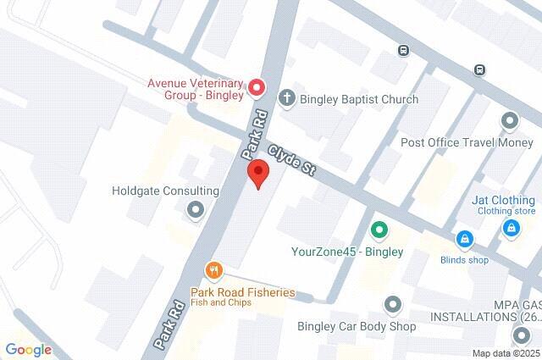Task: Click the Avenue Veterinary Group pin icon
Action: click(x=257, y=87)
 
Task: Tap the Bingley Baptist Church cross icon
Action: click(x=286, y=99)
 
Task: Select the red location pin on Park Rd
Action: click(x=258, y=174)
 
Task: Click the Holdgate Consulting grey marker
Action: click(x=196, y=209)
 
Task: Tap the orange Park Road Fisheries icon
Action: click(x=213, y=271)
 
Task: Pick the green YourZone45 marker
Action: click(x=379, y=230)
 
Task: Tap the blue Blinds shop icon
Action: click(x=464, y=239)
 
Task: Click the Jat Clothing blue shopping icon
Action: click(x=511, y=228)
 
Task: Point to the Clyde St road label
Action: click(x=292, y=160)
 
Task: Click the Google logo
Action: click(x=28, y=349)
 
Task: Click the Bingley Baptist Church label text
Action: click(x=357, y=100)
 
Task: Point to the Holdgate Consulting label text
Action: click(x=165, y=191)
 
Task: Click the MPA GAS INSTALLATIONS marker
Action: click(x=521, y=335)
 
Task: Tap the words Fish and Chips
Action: click(x=219, y=303)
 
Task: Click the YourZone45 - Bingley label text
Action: click(x=347, y=252)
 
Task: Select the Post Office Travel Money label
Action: click(x=467, y=142)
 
